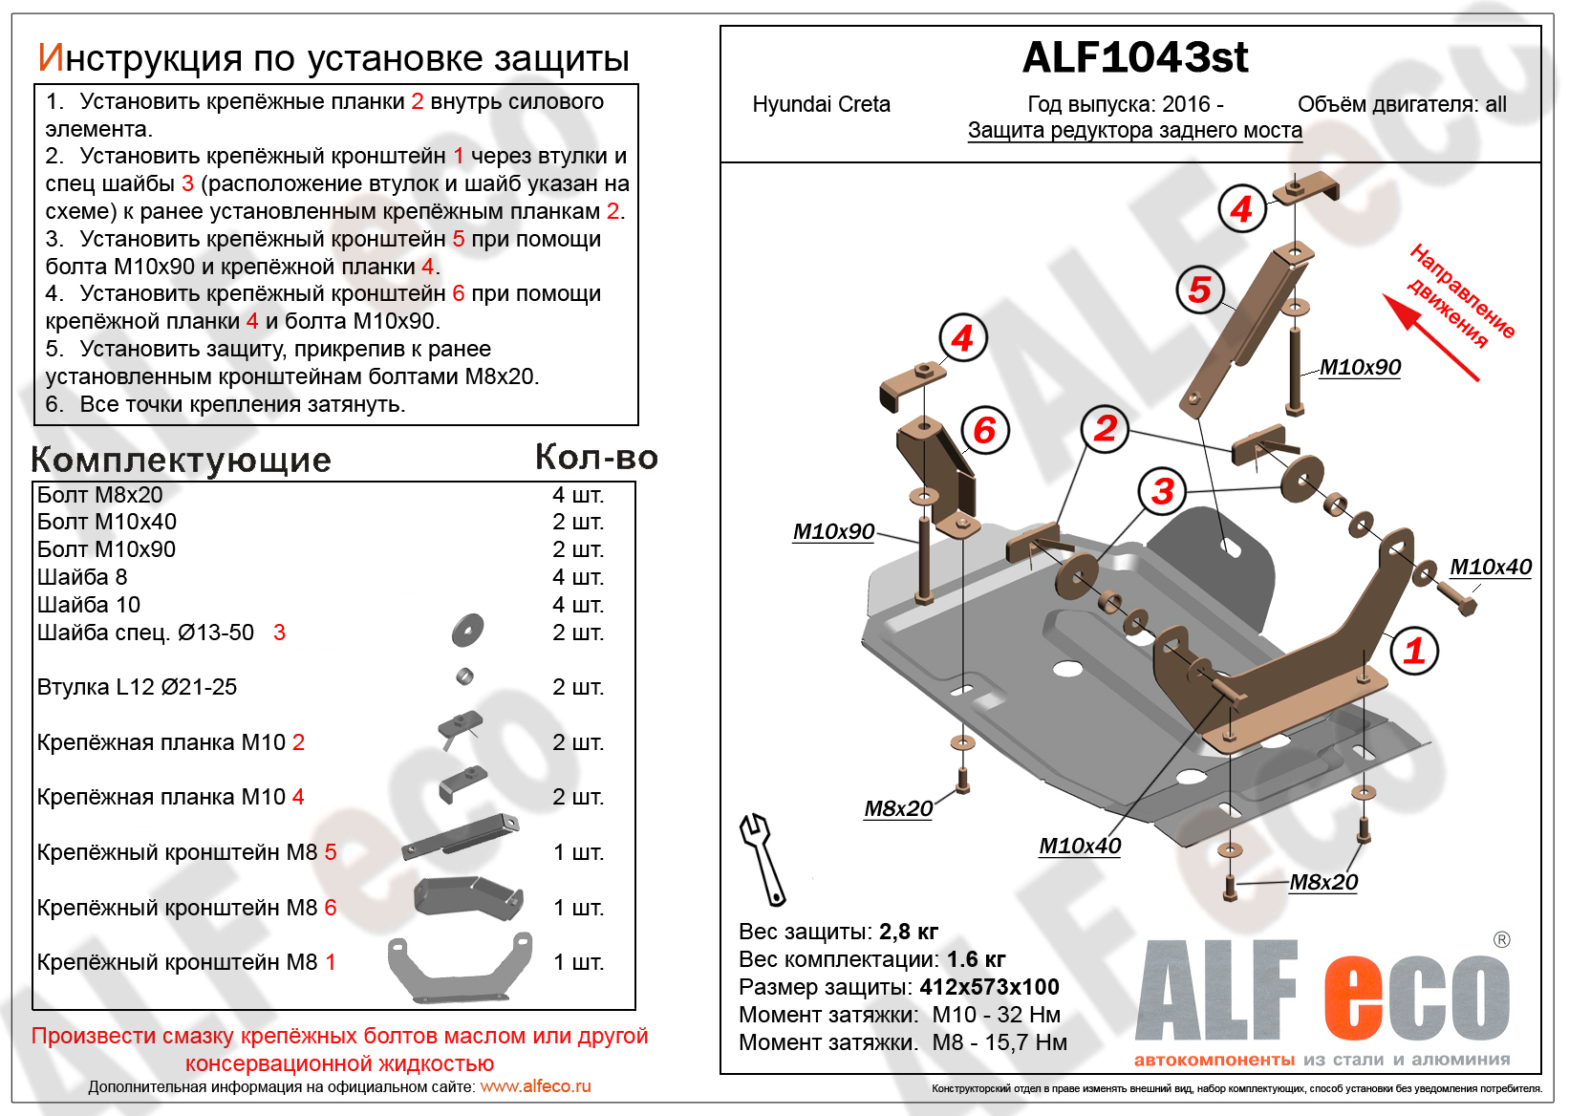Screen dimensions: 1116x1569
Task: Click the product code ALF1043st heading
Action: coord(1134,58)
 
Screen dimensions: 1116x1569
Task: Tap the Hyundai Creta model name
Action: coord(821,104)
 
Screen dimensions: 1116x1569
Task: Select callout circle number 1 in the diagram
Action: coord(1414,651)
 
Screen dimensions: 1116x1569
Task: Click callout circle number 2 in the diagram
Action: coord(1106,428)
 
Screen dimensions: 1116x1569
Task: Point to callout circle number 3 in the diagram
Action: coord(1162,491)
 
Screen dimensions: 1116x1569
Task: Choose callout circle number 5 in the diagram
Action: coord(1200,289)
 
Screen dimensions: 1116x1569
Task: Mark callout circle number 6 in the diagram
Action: coord(984,430)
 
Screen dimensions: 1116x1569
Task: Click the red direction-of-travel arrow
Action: coord(1429,337)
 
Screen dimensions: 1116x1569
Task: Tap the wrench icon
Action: coord(762,857)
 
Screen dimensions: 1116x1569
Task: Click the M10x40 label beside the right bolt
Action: coord(1490,567)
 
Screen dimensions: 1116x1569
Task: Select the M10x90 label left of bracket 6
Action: coord(833,531)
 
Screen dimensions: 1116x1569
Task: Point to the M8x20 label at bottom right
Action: coord(1323,882)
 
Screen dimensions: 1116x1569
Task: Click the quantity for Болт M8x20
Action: coord(578,495)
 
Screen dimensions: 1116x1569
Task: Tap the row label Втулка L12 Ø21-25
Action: coord(137,687)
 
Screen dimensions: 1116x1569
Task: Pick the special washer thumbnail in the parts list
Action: coord(468,630)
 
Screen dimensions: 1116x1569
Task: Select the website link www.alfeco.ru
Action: coord(535,1086)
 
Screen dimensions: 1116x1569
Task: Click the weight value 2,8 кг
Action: coord(908,931)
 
